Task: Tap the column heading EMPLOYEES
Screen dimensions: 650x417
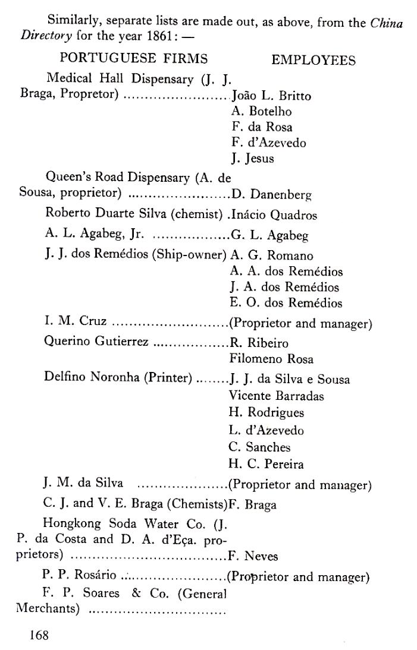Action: [x=313, y=61]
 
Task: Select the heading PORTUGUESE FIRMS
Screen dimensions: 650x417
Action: [x=134, y=59]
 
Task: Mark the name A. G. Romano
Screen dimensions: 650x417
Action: [x=271, y=256]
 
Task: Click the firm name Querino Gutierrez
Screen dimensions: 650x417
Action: [x=96, y=342]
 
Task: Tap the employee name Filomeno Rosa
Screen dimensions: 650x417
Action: [x=263, y=359]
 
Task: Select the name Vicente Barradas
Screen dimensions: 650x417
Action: [x=269, y=396]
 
